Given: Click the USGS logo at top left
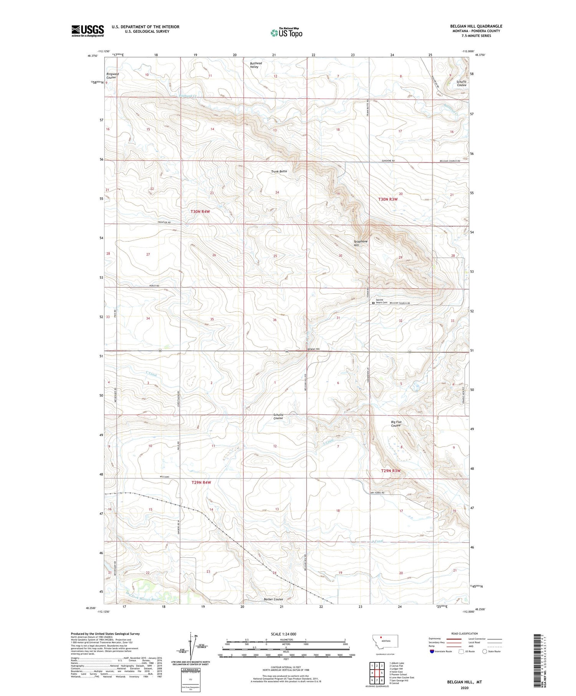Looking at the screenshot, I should point(88,31).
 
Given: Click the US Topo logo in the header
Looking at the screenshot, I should point(286,33).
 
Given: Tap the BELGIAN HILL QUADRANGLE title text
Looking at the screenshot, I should point(476,26).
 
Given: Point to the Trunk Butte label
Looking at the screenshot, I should point(279,171).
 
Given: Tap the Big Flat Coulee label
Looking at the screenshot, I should point(396,423).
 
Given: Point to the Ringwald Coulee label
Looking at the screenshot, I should point(113,76).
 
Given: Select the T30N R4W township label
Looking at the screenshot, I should point(200,212).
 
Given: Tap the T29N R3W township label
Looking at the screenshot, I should point(391,471).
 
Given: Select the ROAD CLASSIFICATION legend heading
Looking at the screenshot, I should point(465,633).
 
